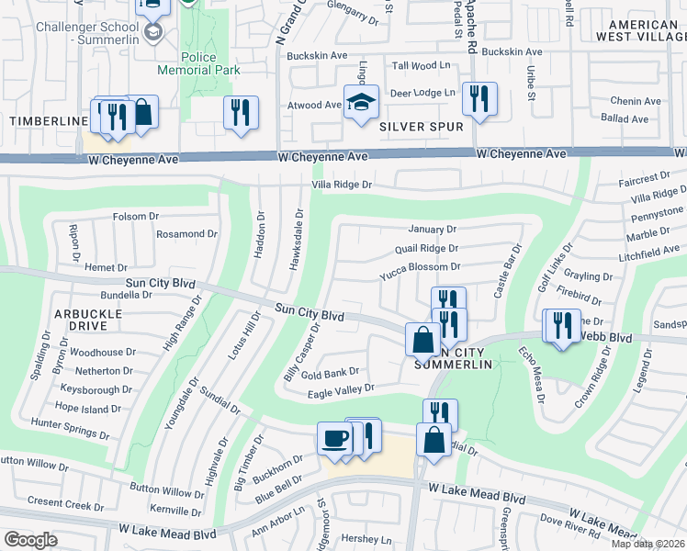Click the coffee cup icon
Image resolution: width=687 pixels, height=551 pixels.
(x=333, y=437)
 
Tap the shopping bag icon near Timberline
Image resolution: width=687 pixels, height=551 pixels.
(x=142, y=112)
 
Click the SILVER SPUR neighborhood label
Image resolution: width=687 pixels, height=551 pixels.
(x=421, y=126)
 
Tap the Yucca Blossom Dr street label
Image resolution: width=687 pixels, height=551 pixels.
(x=420, y=266)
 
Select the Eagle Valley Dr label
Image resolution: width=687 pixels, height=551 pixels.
(x=343, y=388)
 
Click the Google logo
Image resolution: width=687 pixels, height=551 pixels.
(x=30, y=540)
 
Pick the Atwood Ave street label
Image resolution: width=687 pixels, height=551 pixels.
(x=314, y=106)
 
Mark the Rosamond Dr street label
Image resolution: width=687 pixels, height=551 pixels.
(x=186, y=234)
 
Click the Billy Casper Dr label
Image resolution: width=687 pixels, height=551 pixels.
(x=302, y=352)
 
